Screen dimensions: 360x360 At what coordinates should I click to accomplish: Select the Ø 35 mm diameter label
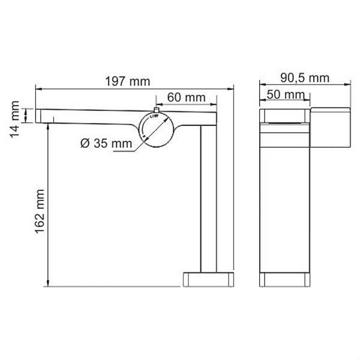click(106, 143)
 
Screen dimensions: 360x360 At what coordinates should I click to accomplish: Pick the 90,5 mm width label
click(305, 77)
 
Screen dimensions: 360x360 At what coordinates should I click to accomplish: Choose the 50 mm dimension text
click(284, 95)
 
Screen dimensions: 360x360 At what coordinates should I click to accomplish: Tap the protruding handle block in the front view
click(329, 127)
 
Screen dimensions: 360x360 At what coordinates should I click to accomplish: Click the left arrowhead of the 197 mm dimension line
click(38, 89)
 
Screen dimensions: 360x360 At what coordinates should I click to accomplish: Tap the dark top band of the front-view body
click(284, 115)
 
